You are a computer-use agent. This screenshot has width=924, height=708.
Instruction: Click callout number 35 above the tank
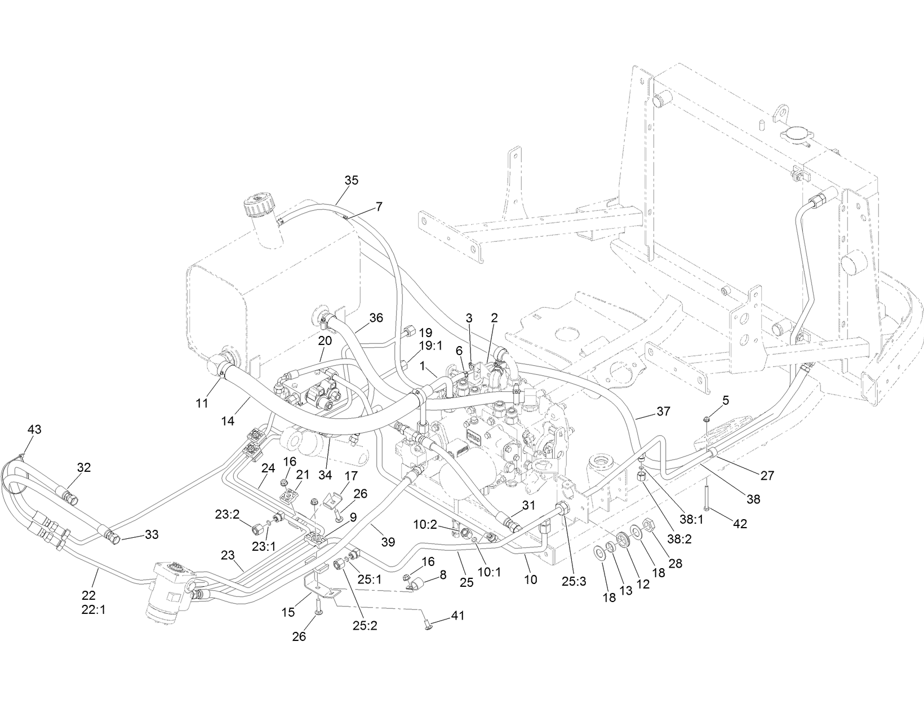(351, 180)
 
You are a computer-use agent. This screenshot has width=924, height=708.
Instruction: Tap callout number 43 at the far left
(34, 430)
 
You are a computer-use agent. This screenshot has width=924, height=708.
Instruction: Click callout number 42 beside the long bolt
(739, 524)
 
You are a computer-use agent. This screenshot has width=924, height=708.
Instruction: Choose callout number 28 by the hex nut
(675, 564)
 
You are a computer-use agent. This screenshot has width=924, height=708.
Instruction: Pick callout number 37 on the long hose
(664, 411)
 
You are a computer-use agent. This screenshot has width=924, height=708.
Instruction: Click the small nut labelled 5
(705, 419)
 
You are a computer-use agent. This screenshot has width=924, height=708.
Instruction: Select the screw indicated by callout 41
(428, 623)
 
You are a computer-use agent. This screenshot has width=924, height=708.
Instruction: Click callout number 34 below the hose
(325, 475)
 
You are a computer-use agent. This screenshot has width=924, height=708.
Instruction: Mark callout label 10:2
(425, 524)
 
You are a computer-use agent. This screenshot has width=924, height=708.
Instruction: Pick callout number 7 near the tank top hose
(379, 207)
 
